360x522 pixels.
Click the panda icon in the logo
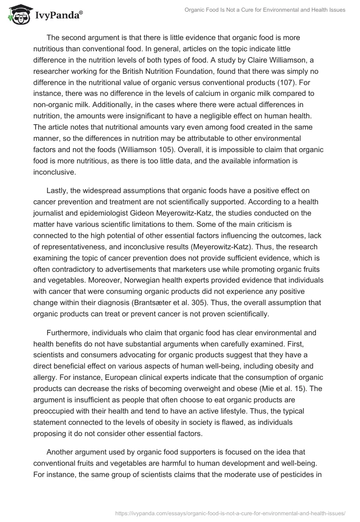18,15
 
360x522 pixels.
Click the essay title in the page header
265,9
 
